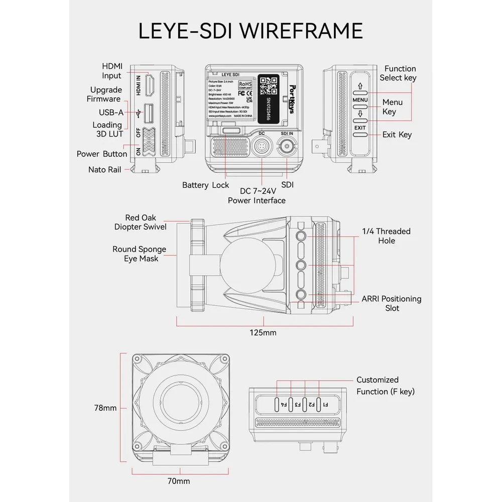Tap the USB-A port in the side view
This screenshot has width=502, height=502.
pos(149,112)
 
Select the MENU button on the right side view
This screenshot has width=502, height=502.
pos(360,100)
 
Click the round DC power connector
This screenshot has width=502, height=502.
pos(262,149)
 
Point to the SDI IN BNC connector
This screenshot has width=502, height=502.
pos(287,149)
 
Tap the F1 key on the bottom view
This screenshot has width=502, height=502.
pos(325,404)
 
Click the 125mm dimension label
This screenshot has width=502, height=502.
pos(264,332)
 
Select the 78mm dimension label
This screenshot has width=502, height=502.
pos(105,408)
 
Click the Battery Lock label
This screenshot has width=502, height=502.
pos(205,185)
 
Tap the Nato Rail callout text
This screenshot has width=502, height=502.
pos(104,170)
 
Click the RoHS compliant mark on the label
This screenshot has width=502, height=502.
pos(245,85)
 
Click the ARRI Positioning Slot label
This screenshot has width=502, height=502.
pos(392,303)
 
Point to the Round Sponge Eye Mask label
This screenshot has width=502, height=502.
pos(139,254)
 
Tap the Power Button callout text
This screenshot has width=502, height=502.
pos(101,154)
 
